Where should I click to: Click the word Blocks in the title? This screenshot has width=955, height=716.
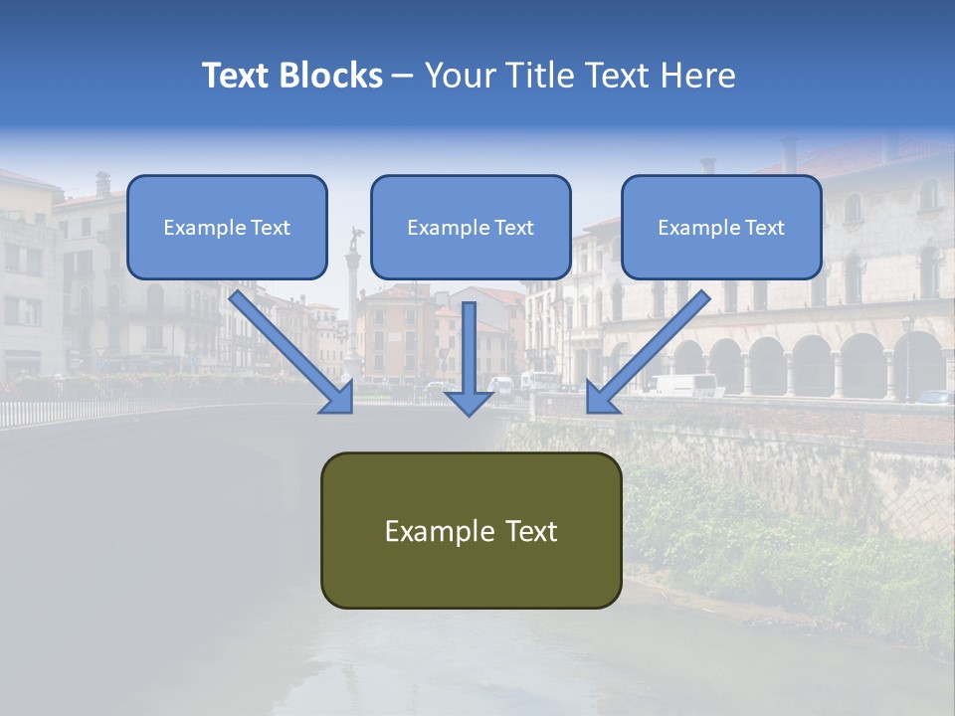[330, 76]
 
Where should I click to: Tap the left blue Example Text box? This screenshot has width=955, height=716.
[227, 228]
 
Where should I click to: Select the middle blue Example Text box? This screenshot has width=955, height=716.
[471, 228]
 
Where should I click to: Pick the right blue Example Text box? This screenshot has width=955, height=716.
[721, 228]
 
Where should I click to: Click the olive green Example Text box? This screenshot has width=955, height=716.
[471, 531]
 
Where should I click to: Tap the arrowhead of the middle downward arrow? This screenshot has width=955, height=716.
[470, 400]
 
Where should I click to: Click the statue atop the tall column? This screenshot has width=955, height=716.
[353, 239]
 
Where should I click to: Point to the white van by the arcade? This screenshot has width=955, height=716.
[683, 385]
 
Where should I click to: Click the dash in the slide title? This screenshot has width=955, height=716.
[403, 77]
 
